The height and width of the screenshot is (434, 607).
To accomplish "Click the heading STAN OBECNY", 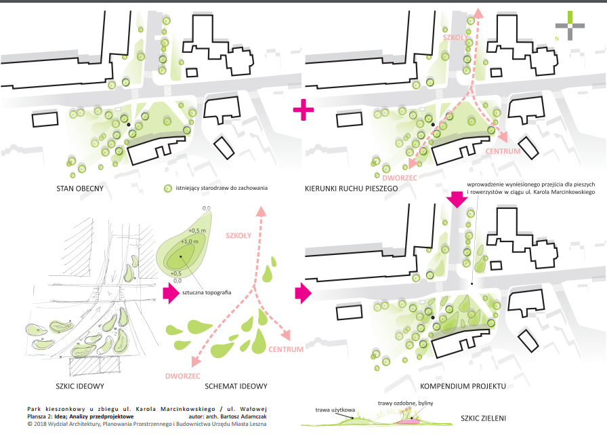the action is pyautogui.click(x=80, y=189).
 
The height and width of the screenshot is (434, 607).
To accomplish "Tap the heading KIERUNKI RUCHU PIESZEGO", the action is pyautogui.click(x=351, y=189).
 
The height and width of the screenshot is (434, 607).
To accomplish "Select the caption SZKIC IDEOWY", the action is pyautogui.click(x=80, y=387).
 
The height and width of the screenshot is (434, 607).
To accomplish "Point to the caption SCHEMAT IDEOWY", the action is pyautogui.click(x=236, y=387).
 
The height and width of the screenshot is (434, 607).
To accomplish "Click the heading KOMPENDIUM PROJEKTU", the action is pyautogui.click(x=463, y=387).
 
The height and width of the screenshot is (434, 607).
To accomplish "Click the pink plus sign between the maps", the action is pyautogui.click(x=303, y=110).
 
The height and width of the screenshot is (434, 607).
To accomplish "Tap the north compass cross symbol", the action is pyautogui.click(x=570, y=26).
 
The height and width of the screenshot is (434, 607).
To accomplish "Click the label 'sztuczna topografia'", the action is pyautogui.click(x=207, y=292).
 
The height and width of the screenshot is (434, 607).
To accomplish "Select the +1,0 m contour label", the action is pyautogui.click(x=189, y=241).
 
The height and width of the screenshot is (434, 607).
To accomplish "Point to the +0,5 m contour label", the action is pyautogui.click(x=197, y=231).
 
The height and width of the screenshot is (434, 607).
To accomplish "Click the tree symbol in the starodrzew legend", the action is pyautogui.click(x=167, y=189).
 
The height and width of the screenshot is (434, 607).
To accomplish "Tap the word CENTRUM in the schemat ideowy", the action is pyautogui.click(x=286, y=349).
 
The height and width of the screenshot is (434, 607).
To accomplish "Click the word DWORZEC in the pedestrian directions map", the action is pyautogui.click(x=400, y=178).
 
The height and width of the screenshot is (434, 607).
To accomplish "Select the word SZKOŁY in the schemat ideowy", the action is pyautogui.click(x=238, y=235).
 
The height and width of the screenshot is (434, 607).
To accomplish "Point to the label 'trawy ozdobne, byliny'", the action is pyautogui.click(x=405, y=403).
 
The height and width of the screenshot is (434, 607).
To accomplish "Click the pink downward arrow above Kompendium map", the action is pyautogui.click(x=457, y=199).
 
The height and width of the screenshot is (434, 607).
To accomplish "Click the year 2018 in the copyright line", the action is pyautogui.click(x=40, y=424).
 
